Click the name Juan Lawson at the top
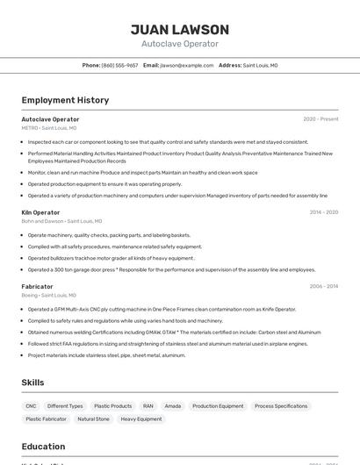click(179, 30)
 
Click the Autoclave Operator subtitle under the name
click(179, 44)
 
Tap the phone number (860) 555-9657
click(119, 65)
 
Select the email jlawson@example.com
click(186, 65)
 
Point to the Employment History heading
click(65, 100)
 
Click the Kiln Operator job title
click(40, 212)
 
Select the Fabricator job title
click(37, 286)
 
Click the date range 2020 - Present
click(320, 119)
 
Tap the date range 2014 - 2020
click(323, 212)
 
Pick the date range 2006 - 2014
click(323, 286)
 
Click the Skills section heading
click(32, 383)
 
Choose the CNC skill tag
click(31, 406)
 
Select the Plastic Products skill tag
click(112, 406)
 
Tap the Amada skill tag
click(173, 406)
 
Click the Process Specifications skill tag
click(281, 406)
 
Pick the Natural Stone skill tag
click(93, 419)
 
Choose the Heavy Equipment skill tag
click(141, 419)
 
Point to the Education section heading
click(43, 447)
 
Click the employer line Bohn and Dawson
click(61, 221)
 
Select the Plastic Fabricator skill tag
click(46, 419)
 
